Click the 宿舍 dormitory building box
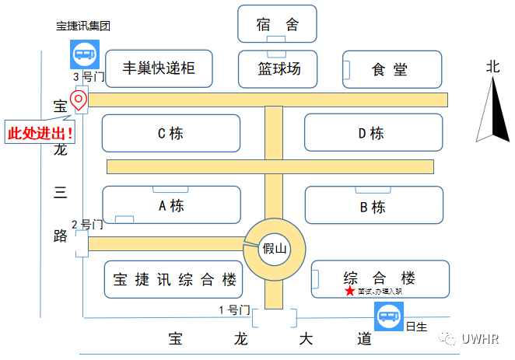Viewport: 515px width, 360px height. (278, 24)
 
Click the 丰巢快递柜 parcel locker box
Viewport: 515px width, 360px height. (159, 69)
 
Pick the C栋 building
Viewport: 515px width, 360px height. (171, 133)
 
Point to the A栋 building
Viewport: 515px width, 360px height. (171, 206)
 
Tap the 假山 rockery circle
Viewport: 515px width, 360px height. (274, 248)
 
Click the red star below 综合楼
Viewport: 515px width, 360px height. (349, 292)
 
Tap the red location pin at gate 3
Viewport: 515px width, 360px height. (78, 99)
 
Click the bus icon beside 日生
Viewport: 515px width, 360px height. (388, 317)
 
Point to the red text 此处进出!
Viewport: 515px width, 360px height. (40, 132)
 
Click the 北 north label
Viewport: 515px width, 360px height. (492, 67)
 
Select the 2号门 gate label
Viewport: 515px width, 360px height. (87, 225)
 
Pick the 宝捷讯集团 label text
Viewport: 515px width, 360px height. (83, 25)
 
